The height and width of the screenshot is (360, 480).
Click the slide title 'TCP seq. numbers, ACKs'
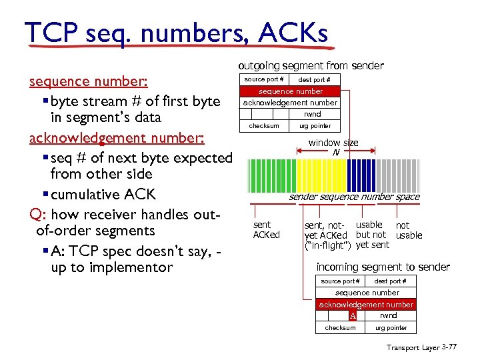pos(176,33)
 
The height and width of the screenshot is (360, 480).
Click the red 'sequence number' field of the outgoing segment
pos(291,91)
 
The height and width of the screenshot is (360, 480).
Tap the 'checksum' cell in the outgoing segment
pos(264,126)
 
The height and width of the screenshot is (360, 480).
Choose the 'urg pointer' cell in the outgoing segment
pos(315,126)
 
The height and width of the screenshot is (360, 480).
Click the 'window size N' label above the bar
pos(333,147)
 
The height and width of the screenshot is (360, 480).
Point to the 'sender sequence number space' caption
pos(354,197)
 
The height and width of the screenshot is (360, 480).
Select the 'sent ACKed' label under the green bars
pos(266,230)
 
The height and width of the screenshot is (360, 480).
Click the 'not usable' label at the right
pos(409,230)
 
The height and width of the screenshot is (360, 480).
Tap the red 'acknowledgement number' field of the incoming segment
pos(366,305)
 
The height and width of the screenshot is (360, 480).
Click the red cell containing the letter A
pos(353,315)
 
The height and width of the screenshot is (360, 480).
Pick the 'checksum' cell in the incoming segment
pos(340,327)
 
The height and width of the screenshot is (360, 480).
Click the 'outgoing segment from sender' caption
pos(311,65)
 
